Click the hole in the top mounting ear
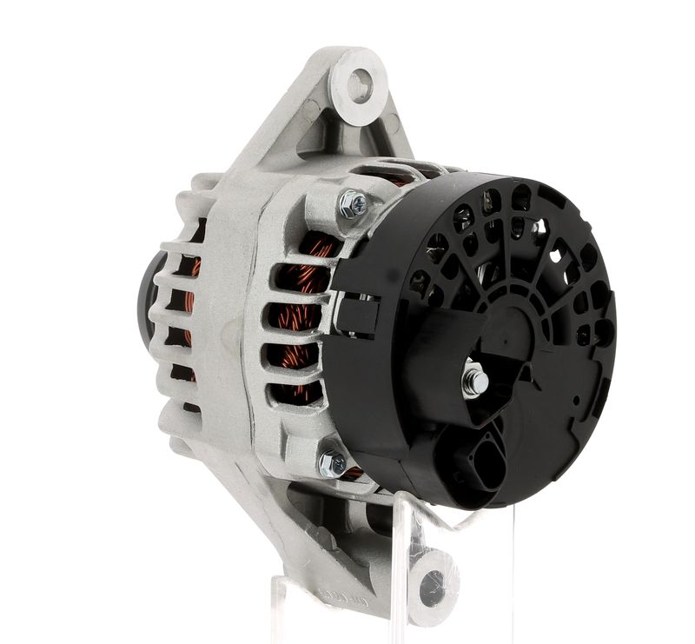(x=360, y=85)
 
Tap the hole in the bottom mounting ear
(x=432, y=588)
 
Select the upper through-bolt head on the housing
(x=353, y=203)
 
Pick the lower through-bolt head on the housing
(x=332, y=464)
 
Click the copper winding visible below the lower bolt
(x=353, y=475)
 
